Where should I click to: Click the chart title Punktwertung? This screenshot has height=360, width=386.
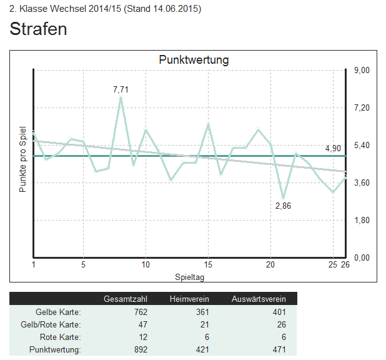point(194,60)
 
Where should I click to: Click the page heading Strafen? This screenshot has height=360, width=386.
point(38,29)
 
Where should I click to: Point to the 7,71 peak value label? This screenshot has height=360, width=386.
point(121,89)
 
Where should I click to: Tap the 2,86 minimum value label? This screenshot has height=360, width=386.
point(283,206)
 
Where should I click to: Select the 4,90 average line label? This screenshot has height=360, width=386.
point(333,148)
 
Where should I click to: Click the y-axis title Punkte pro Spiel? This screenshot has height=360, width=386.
point(22,159)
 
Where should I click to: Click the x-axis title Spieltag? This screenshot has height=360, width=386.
point(189,276)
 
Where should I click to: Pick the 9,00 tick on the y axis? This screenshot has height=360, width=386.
point(362,70)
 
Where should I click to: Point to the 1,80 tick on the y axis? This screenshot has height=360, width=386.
point(362,220)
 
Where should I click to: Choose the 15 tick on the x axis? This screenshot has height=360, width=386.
point(208,264)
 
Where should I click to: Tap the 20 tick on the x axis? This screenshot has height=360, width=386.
point(270,264)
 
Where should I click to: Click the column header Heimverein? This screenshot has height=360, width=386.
point(189,299)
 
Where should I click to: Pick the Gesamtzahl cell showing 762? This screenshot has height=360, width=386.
point(137,312)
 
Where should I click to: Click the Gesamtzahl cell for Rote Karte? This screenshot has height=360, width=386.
point(141,337)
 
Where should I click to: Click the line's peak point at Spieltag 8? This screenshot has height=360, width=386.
point(121,98)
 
